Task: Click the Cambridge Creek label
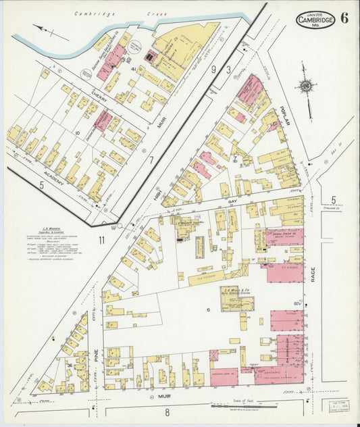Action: click(95, 13)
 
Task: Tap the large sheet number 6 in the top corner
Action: click(344, 18)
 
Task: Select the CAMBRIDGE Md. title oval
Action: click(314, 21)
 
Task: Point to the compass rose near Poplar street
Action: click(306, 86)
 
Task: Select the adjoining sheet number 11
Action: click(101, 240)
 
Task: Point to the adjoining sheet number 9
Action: click(213, 69)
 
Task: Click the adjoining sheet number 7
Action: click(151, 160)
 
